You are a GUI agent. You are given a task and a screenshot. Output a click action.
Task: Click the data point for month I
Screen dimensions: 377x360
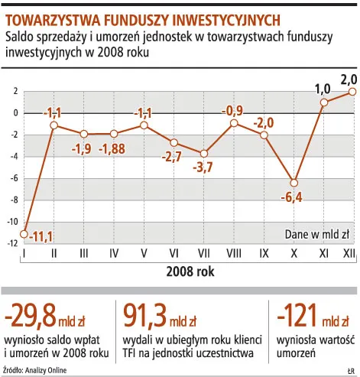[x=24, y=233]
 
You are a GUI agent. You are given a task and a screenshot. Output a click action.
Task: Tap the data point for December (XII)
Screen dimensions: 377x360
[x=352, y=91]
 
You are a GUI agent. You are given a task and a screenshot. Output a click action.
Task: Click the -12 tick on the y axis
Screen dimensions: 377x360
[x=12, y=243]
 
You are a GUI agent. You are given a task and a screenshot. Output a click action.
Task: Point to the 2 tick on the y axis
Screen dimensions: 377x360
[x=15, y=91]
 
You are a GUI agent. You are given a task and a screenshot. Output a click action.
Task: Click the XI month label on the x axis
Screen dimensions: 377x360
[x=323, y=253]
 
